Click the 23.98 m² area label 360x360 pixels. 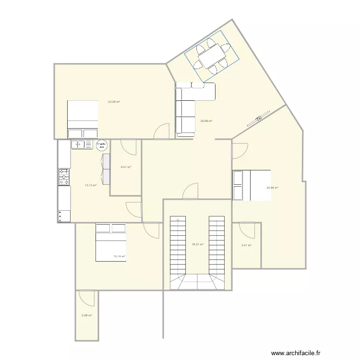[114, 102]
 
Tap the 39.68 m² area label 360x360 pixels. [206, 121]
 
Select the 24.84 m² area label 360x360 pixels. [273, 188]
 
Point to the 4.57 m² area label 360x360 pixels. [126, 167]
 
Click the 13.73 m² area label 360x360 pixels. [91, 185]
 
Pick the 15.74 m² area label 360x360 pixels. [119, 256]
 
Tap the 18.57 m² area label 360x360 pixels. [198, 244]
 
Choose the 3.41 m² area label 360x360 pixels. [246, 245]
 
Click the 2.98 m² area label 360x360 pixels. [87, 315]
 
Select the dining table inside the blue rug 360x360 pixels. [212, 56]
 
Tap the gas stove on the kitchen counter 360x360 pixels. [64, 177]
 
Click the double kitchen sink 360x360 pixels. [83, 144]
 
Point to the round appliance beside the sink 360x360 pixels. [102, 144]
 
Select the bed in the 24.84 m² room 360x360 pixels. [251, 185]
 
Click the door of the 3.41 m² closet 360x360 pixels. [248, 230]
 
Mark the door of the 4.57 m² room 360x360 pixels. [128, 146]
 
